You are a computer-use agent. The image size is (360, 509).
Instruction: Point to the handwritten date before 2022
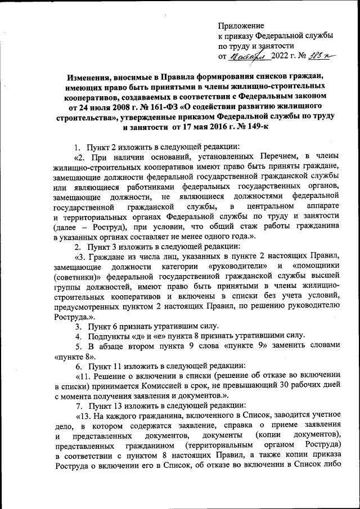246,56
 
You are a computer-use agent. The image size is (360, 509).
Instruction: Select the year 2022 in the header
280,57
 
